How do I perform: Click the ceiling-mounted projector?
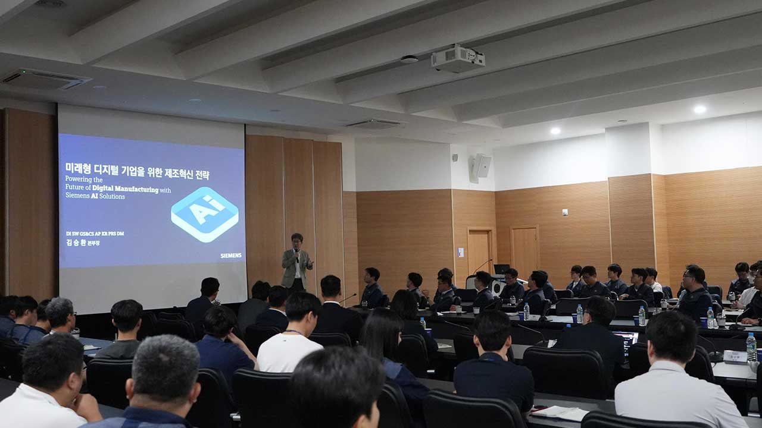point(458,59)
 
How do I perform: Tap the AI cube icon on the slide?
point(205,214)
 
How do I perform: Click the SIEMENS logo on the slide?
point(231,256)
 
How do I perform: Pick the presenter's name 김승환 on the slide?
point(76,243)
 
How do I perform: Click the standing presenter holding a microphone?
point(296,262)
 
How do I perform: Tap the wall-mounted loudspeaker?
point(480,166)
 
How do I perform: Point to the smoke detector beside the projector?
point(409,59)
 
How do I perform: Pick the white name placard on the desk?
point(735,356)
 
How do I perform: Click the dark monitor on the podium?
point(502,269)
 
